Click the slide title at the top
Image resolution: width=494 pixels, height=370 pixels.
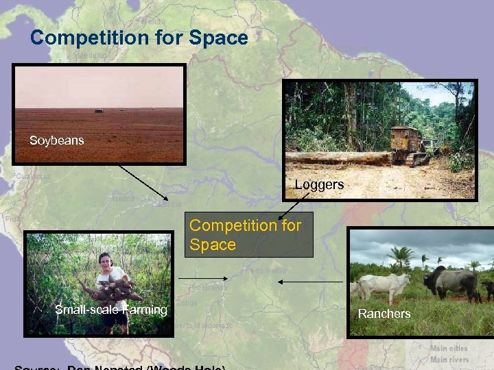coord(139,38)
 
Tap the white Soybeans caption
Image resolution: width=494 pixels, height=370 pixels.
coord(56,140)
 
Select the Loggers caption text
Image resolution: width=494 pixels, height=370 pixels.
coord(319,184)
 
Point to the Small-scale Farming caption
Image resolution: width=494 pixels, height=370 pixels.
coord(110,310)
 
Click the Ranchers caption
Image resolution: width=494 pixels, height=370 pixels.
coord(384,314)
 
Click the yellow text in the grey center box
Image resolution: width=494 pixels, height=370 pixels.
coord(245,234)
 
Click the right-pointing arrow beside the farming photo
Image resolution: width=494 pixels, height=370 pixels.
coord(203,278)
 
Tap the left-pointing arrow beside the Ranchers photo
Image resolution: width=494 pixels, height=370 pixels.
coord(312,282)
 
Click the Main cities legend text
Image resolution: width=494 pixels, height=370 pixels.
coord(449,349)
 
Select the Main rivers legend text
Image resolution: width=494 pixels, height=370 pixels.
coord(449,359)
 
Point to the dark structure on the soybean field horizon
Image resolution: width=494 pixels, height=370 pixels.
coord(99,110)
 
